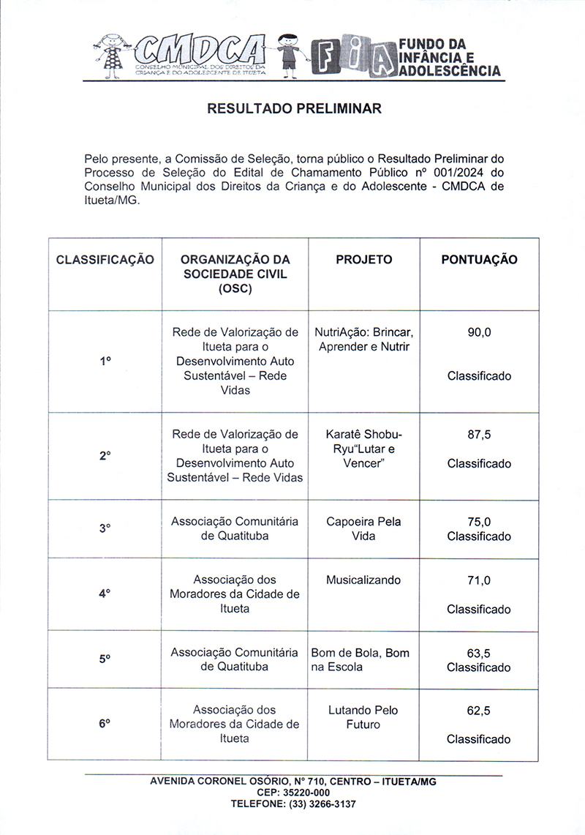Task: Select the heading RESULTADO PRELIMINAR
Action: click(294, 109)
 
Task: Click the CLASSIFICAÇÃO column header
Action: click(105, 260)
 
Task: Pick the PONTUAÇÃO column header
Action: click(479, 260)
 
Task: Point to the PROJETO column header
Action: click(363, 260)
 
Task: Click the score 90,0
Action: click(479, 332)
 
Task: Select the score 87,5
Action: click(479, 434)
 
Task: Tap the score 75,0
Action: click(479, 522)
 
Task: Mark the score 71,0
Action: click(479, 580)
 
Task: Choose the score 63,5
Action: click(479, 653)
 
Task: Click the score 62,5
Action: click(479, 711)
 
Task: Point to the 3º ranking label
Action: click(105, 528)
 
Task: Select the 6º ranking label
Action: click(105, 723)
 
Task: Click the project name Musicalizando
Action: click(363, 580)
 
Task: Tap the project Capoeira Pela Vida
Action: click(363, 529)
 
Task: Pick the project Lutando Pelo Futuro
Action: click(363, 717)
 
